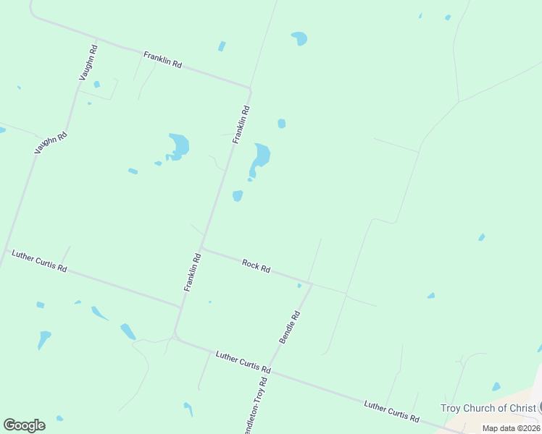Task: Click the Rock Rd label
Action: coord(256,266)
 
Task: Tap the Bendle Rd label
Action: coord(289,327)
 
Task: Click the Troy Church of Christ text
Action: coord(488,408)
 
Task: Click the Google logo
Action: coord(24,425)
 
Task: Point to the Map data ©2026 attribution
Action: coord(510,428)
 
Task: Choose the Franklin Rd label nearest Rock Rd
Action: coord(192,272)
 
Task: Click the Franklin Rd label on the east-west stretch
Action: coord(162,59)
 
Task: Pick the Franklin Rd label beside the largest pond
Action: coord(241,124)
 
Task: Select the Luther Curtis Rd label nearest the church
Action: coord(391,412)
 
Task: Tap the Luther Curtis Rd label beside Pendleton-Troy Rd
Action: coord(243,363)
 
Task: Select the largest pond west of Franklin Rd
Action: coord(178,145)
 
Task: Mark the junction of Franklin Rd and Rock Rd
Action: coord(202,247)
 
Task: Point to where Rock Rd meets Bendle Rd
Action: coord(311,284)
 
